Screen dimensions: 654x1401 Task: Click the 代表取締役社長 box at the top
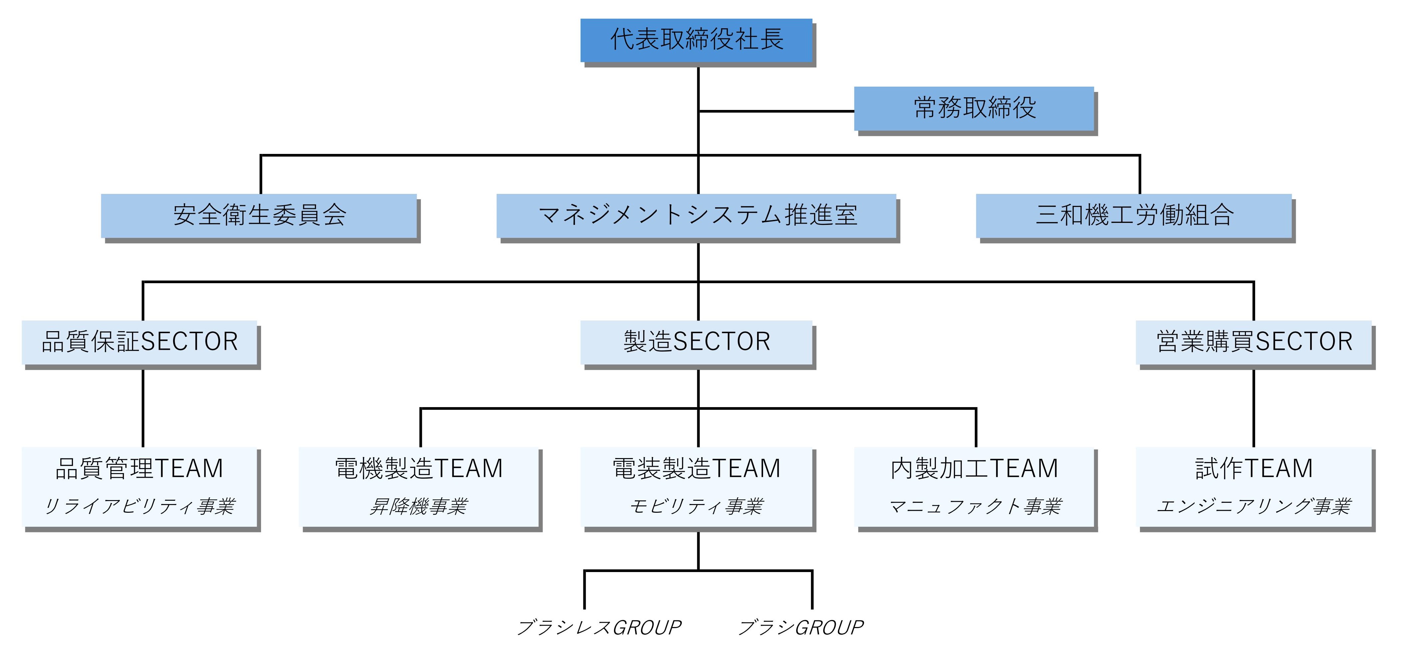(x=696, y=40)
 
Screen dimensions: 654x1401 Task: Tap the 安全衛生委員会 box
(x=259, y=215)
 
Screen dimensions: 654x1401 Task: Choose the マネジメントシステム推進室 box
(x=696, y=215)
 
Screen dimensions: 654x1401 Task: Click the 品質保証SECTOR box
(x=139, y=342)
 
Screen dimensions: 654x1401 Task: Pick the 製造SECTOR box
(x=696, y=342)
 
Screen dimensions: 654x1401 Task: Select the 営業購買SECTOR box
(x=1254, y=342)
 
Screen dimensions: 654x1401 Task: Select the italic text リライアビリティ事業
(x=139, y=506)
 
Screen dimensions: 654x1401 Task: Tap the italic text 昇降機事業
(x=419, y=506)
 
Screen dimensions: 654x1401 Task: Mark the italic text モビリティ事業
(x=696, y=506)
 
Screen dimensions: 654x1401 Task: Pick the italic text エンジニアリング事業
(x=1254, y=506)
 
